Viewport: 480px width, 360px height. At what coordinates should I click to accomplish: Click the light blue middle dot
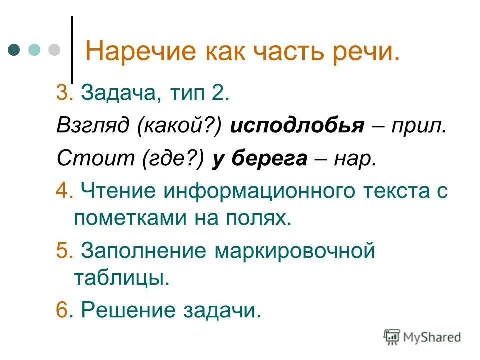click(x=34, y=50)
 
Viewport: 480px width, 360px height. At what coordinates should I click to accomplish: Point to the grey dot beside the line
click(x=53, y=50)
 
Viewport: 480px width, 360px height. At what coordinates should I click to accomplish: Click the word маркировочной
click(x=295, y=250)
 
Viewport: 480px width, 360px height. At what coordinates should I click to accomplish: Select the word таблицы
click(x=122, y=278)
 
